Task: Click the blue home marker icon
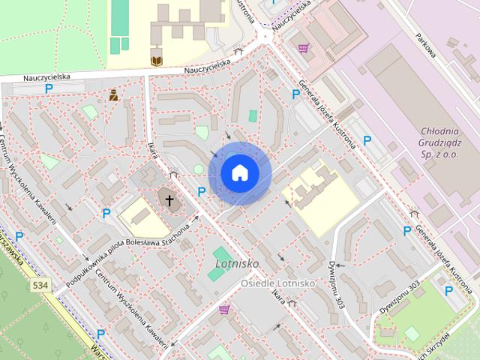point(239,172)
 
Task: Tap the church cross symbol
point(169,200)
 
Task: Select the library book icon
point(156,60)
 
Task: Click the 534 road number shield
point(42,286)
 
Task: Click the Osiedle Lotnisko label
point(277,283)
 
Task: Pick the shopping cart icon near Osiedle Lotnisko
point(223,309)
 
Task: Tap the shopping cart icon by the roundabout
point(302,48)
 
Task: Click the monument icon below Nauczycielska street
point(113,95)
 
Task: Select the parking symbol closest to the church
point(201,192)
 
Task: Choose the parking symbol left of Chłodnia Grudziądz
point(367,140)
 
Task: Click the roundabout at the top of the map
point(264,37)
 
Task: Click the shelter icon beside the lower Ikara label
point(292,304)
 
